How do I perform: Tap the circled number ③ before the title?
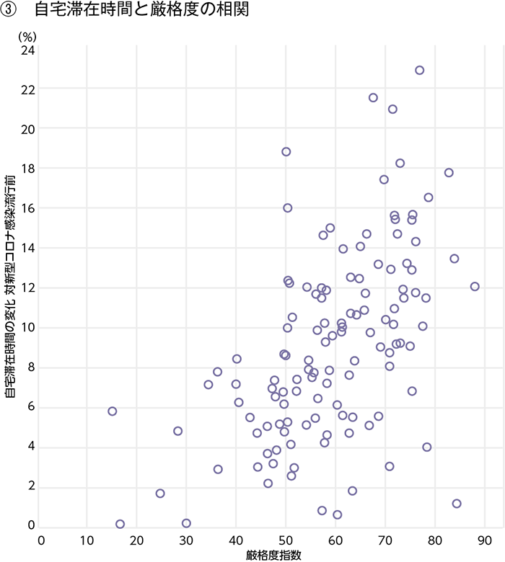(11, 12)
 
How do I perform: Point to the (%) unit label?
(27, 35)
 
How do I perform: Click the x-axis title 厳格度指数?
(273, 553)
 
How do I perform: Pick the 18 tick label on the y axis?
(28, 169)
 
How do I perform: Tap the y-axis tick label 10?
(28, 328)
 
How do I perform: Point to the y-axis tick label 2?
(31, 486)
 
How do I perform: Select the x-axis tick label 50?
(286, 539)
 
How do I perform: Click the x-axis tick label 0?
(41, 539)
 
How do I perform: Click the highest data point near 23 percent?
(419, 70)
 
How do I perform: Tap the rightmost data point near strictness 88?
(475, 286)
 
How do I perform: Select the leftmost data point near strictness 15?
(112, 411)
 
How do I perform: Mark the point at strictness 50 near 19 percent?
(286, 151)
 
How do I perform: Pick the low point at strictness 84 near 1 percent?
(456, 504)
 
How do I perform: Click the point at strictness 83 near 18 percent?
(449, 172)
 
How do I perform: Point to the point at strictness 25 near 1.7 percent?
(160, 494)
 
